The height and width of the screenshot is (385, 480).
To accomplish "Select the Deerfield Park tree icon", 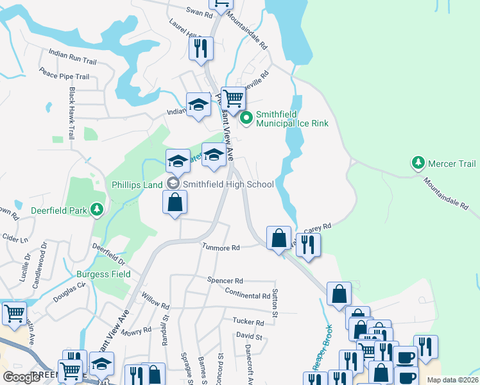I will [x=97, y=209].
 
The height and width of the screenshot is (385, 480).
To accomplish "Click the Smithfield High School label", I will [x=228, y=184].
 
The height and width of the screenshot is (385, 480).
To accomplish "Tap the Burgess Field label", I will [x=103, y=274].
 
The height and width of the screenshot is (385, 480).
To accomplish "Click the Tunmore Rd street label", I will [x=221, y=247].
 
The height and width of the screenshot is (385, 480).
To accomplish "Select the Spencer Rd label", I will [x=225, y=280].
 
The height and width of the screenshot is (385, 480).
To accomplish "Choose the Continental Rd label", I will [x=248, y=296].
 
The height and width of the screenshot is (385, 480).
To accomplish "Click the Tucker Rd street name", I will [x=248, y=322].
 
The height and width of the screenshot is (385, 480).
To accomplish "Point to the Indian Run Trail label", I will [x=73, y=56].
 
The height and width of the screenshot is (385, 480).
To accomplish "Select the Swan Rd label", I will [x=199, y=13].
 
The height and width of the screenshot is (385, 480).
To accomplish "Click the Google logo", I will [x=22, y=377].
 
